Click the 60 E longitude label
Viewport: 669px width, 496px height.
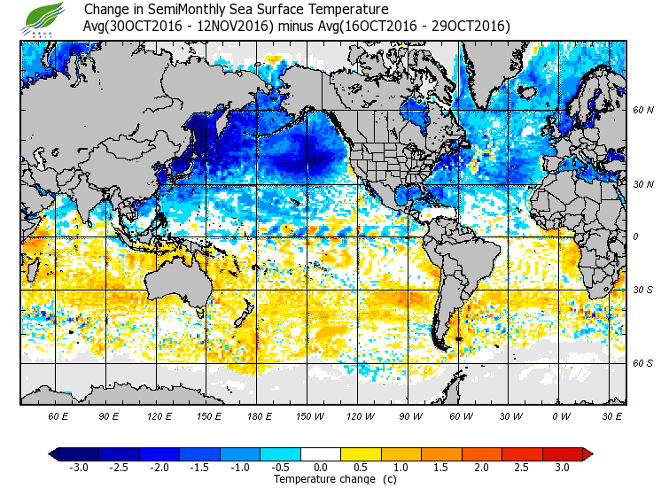tap(58, 415)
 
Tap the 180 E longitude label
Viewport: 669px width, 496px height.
tap(260, 415)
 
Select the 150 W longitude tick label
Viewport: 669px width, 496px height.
tap(309, 415)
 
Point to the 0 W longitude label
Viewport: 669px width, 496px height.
tap(560, 415)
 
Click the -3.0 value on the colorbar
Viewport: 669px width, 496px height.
tap(79, 467)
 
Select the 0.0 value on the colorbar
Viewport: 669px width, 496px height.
tap(321, 467)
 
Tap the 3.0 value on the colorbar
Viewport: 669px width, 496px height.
tap(562, 467)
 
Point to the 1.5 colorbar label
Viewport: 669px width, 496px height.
tap(441, 467)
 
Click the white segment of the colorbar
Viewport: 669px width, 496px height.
tap(321, 453)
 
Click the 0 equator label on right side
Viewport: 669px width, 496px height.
tap(634, 236)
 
